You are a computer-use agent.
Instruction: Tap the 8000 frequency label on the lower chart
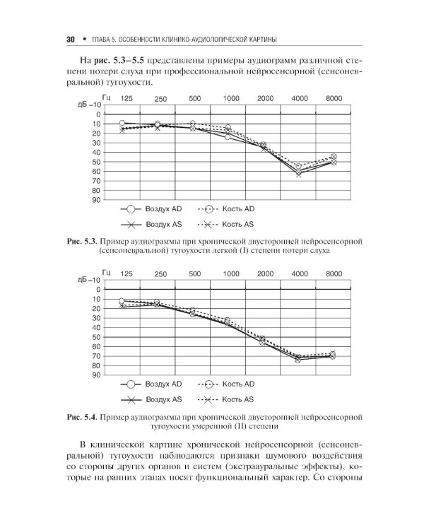click(x=335, y=273)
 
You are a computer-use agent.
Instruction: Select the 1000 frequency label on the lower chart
click(x=230, y=273)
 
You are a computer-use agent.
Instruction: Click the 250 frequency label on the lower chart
click(x=160, y=273)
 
